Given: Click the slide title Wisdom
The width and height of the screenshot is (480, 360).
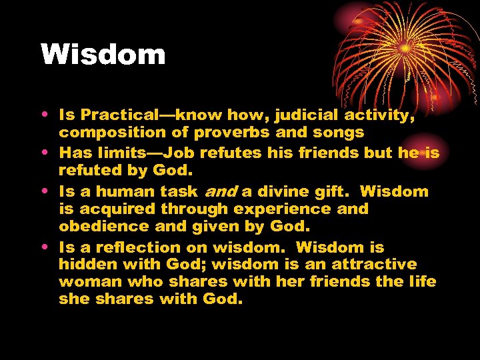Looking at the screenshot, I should coord(103,55).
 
